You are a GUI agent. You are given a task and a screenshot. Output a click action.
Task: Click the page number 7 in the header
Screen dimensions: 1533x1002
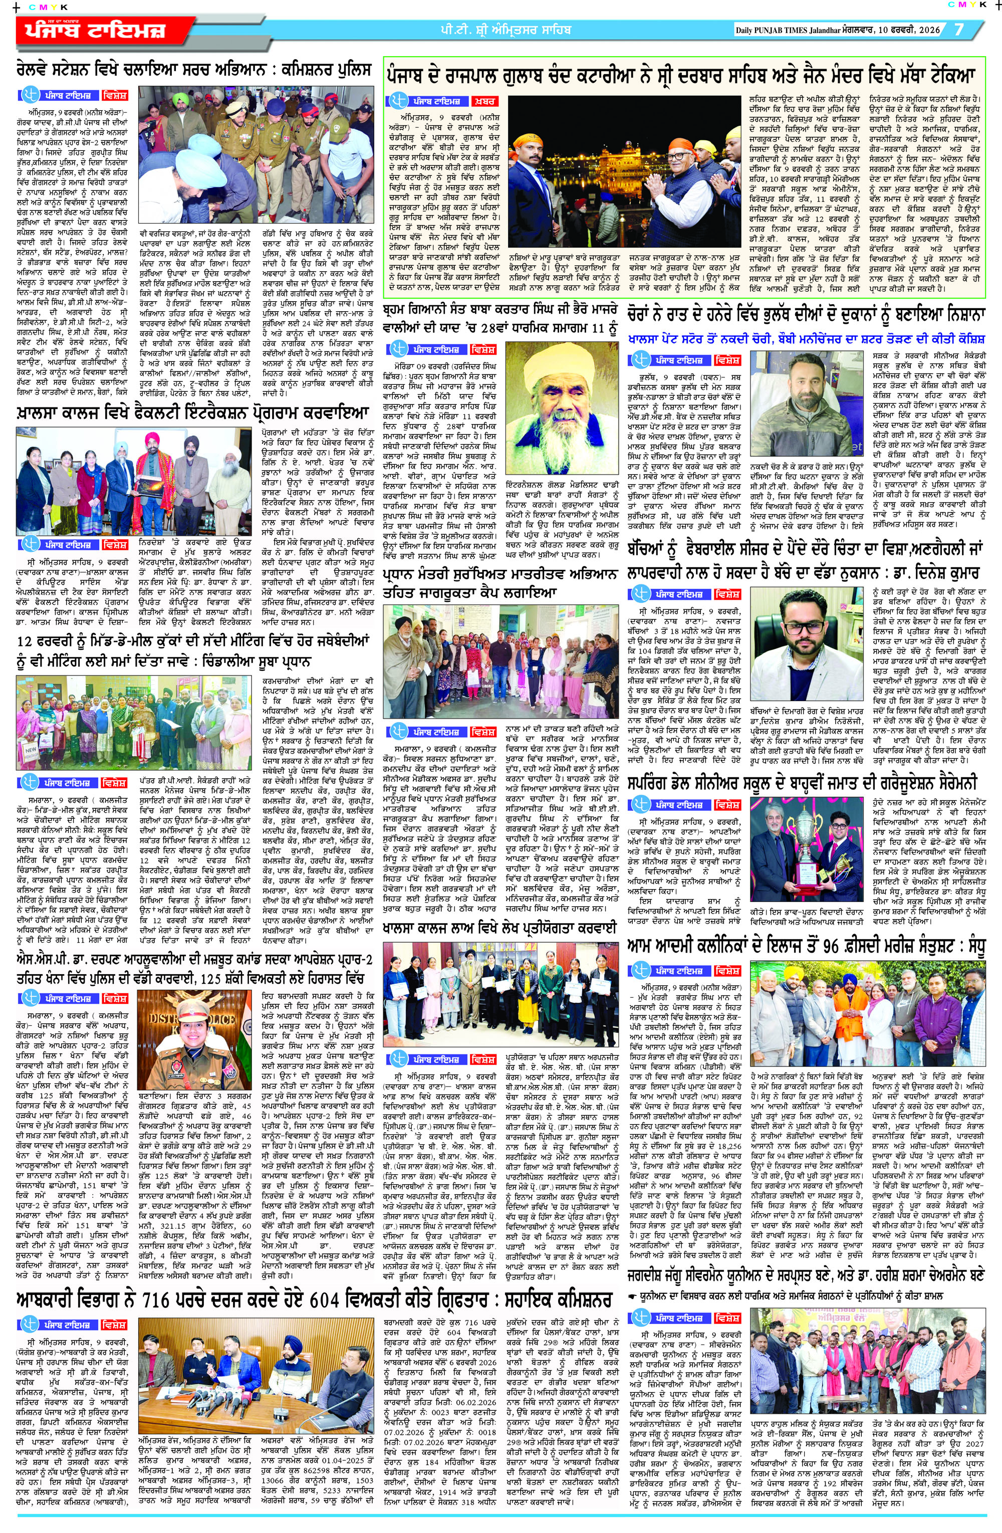pyautogui.click(x=959, y=30)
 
